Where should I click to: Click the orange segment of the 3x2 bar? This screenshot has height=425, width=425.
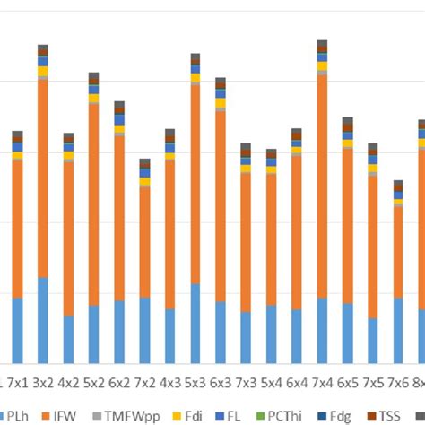42,179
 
